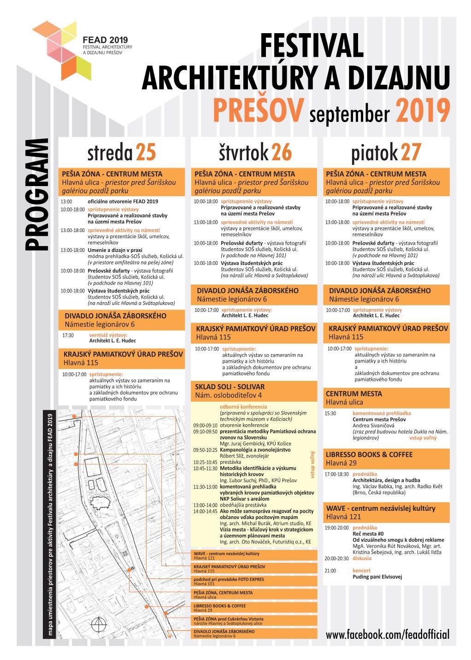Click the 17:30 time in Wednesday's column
pyautogui.click(x=68, y=335)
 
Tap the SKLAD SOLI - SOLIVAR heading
pyautogui.click(x=230, y=387)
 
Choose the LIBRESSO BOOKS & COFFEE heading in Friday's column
pyautogui.click(x=369, y=455)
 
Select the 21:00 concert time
pyautogui.click(x=330, y=571)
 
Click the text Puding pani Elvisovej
pyautogui.click(x=377, y=577)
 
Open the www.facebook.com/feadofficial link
pyautogui.click(x=387, y=635)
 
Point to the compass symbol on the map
pyautogui.click(x=98, y=625)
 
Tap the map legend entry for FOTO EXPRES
pyautogui.click(x=229, y=579)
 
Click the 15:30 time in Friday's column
pyautogui.click(x=330, y=414)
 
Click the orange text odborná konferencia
pyautogui.click(x=243, y=407)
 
